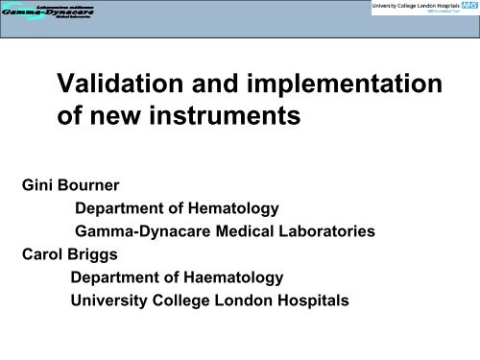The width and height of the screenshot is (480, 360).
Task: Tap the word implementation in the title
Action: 350,89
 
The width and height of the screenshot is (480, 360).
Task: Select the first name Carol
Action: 41,255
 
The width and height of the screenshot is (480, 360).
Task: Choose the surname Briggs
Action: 101,255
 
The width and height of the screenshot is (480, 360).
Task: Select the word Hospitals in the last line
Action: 319,300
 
